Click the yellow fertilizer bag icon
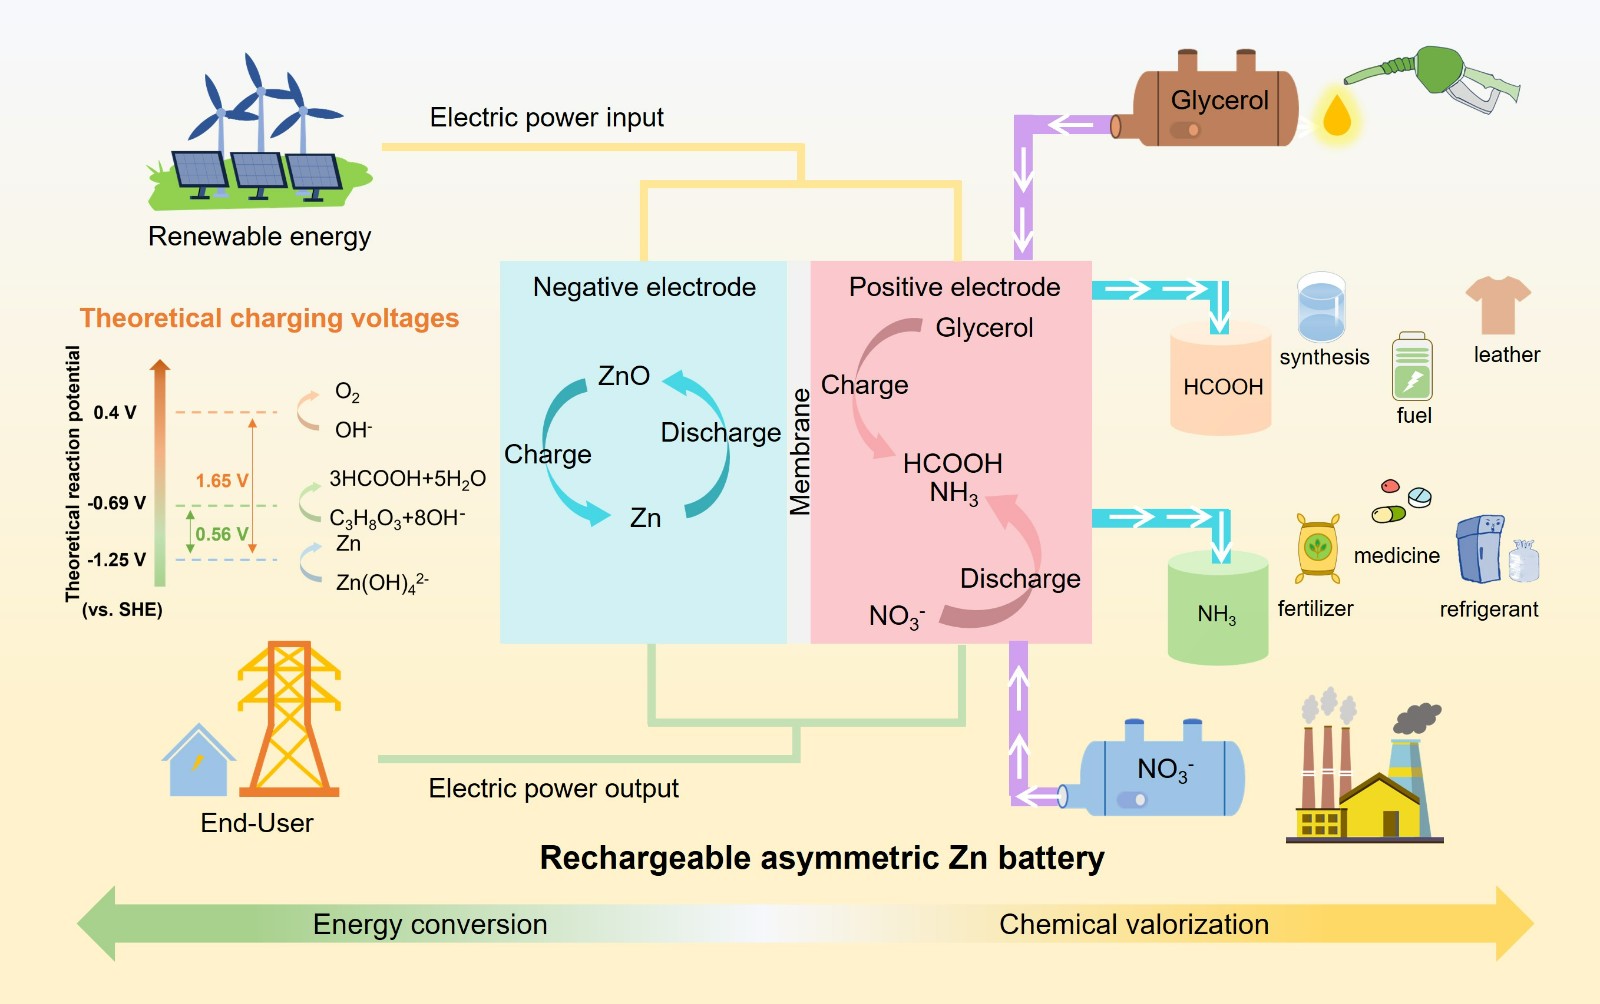(1318, 548)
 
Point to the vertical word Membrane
(799, 452)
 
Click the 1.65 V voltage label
(221, 481)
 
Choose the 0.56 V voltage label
(220, 535)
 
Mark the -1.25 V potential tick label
(116, 560)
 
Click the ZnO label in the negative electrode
(623, 376)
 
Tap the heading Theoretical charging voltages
(269, 318)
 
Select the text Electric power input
(546, 118)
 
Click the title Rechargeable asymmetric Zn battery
(822, 858)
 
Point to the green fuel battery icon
(1412, 367)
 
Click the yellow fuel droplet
(1337, 114)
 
